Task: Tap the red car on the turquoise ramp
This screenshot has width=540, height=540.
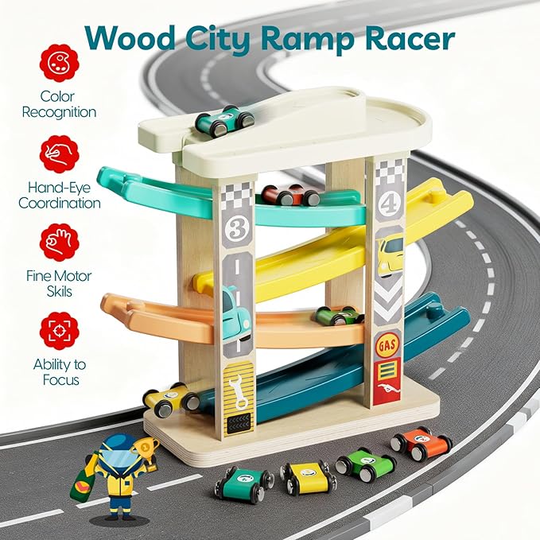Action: (290, 195)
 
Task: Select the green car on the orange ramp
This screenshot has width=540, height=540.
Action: (338, 316)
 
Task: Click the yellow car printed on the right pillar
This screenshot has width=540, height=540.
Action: (390, 253)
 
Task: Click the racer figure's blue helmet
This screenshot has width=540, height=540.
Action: (120, 447)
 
